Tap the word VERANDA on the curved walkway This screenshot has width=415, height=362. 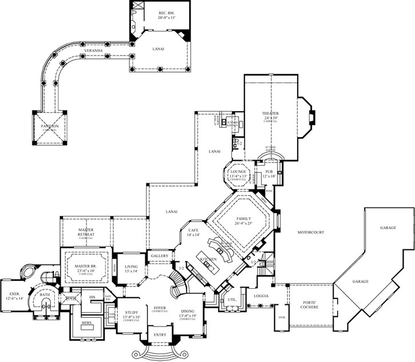(93, 51)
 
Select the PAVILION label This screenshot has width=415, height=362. (50, 126)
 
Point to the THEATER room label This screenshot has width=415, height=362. (270, 114)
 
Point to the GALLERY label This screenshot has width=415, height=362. (159, 256)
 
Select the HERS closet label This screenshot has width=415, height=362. (88, 323)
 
